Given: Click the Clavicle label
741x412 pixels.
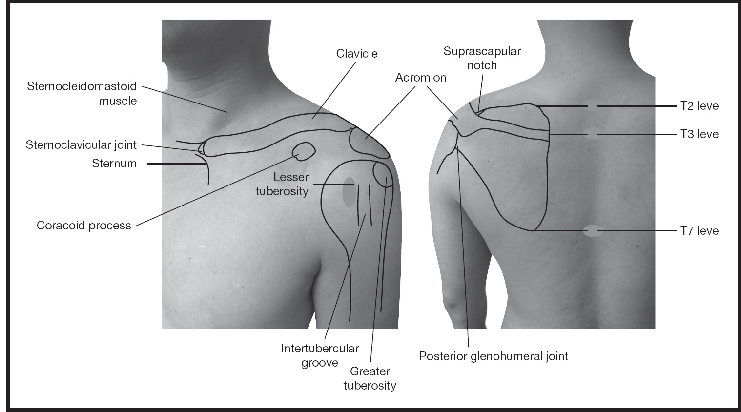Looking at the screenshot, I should (357, 53).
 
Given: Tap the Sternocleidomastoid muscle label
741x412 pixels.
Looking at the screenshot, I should (82, 94).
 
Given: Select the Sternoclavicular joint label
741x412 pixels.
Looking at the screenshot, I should (81, 145).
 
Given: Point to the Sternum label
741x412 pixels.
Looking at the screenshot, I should (114, 164).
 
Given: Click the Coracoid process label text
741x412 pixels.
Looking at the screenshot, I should (84, 226).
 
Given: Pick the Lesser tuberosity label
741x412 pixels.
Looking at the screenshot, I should (282, 184).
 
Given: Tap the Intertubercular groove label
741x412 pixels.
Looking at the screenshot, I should (320, 355).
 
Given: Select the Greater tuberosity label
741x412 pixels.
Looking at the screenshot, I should (370, 378).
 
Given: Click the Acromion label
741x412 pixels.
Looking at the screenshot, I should (421, 78).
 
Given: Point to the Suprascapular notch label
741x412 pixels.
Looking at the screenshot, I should (482, 58).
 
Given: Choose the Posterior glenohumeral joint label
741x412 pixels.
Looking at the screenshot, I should (494, 356).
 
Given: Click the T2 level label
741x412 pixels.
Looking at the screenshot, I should (700, 106).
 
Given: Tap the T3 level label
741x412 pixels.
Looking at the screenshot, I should (700, 134).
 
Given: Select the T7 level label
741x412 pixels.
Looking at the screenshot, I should (700, 230).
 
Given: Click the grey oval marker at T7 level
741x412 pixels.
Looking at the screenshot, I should (594, 231).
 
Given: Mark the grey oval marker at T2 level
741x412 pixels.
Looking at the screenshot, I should (592, 106).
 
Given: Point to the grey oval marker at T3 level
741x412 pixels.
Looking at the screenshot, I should (592, 134).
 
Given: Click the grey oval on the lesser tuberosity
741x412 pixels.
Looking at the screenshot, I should (349, 191).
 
